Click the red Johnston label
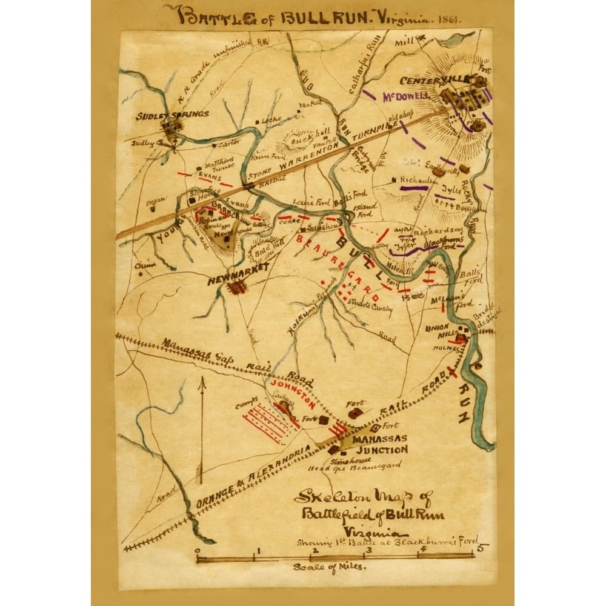tap(295, 392)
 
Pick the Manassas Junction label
tap(380, 444)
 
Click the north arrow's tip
tap(203, 379)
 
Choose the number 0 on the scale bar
tap(198, 551)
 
